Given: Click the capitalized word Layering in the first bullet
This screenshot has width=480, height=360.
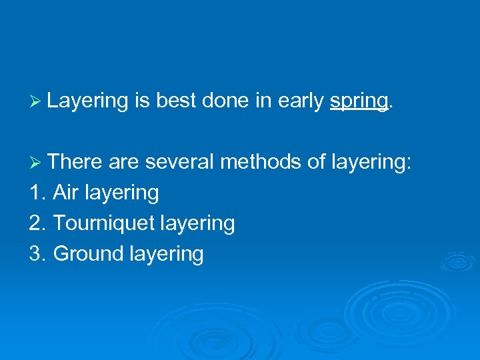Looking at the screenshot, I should (87, 101).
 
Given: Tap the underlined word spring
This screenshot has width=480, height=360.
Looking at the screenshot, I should (359, 101).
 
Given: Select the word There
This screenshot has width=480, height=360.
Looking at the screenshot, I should (75, 161).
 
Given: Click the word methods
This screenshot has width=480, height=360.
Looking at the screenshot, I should (261, 161).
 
